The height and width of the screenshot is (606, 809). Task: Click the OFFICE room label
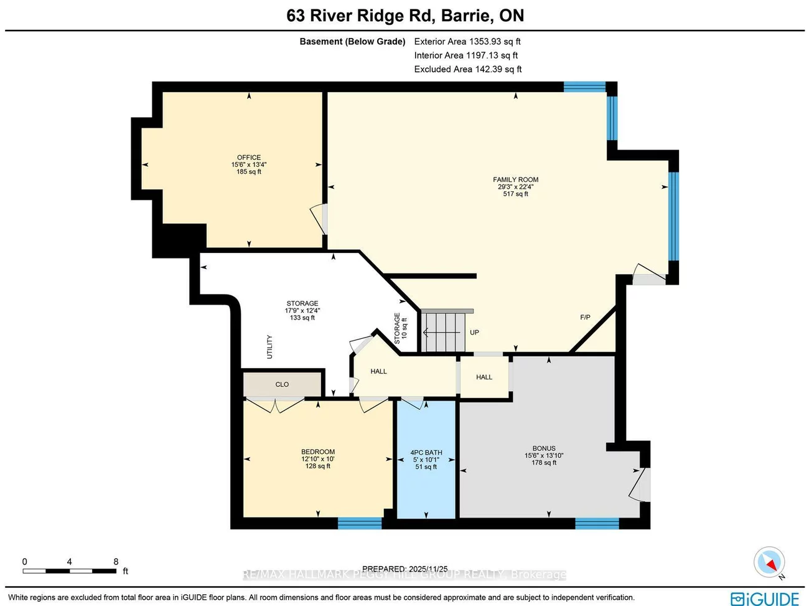click(x=249, y=158)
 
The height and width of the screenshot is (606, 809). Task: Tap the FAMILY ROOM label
click(x=515, y=179)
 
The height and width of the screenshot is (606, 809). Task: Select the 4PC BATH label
click(x=426, y=453)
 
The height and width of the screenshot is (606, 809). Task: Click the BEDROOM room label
click(x=318, y=452)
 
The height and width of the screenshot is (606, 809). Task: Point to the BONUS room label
click(x=544, y=448)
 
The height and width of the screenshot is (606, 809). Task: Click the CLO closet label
click(x=282, y=384)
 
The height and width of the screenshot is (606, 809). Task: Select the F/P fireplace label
click(x=585, y=318)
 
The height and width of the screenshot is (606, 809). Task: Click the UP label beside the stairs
click(x=474, y=333)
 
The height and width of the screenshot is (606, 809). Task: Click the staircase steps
click(x=443, y=333)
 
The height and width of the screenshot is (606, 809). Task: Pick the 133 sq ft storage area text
click(x=302, y=318)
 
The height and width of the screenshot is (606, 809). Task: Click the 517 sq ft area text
click(x=515, y=194)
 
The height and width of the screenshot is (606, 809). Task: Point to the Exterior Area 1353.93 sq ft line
click(x=467, y=42)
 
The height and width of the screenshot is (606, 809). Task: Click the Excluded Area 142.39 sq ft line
click(x=468, y=69)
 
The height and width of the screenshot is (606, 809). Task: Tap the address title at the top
click(x=405, y=16)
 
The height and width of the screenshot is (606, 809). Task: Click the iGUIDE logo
click(x=765, y=599)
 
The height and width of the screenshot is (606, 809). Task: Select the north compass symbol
click(x=769, y=563)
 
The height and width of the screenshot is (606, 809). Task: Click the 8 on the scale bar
click(x=116, y=562)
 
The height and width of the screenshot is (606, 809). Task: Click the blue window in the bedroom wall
click(x=360, y=523)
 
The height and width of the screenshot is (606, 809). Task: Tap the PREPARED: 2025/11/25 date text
click(x=404, y=569)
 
